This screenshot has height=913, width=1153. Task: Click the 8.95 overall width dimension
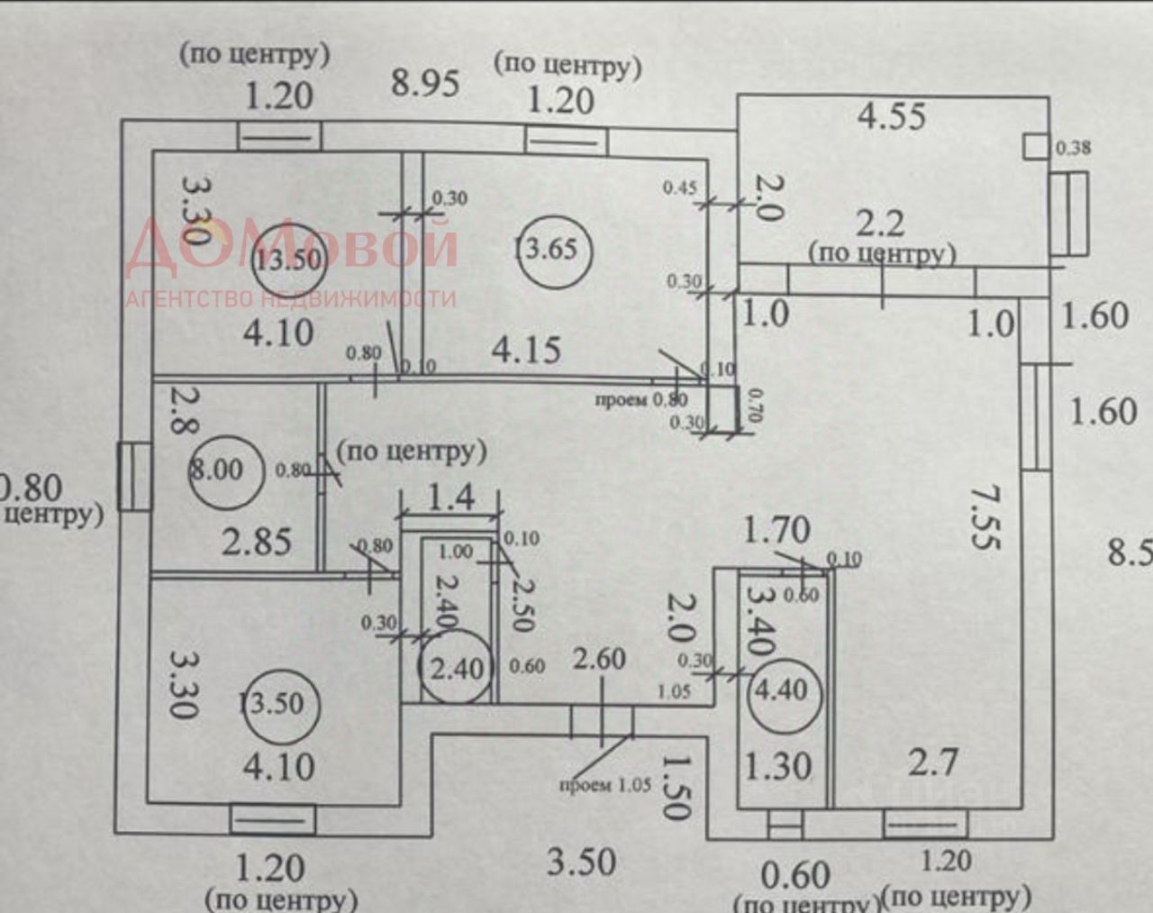[x=425, y=83]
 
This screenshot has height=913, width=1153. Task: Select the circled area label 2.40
[x=457, y=669]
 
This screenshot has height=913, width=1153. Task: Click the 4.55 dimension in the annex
[x=891, y=116]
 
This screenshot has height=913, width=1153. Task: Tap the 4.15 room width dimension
[x=526, y=350]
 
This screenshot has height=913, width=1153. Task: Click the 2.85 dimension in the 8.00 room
[x=257, y=542]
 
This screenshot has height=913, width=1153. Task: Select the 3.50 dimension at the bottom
[x=582, y=863]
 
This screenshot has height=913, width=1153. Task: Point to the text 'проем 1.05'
[x=604, y=785]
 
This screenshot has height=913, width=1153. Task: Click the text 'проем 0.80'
[x=641, y=399]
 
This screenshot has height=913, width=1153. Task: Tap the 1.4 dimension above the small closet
[x=449, y=497]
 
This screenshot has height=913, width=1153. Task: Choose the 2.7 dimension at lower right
[x=932, y=763]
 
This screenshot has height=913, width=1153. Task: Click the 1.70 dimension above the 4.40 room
[x=776, y=530]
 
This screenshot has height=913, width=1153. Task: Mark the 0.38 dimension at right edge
[x=1073, y=148]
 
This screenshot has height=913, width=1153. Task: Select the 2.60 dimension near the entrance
[x=599, y=659]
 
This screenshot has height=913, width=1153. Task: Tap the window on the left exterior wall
[x=134, y=476]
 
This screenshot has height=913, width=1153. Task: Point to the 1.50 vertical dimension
[x=676, y=786]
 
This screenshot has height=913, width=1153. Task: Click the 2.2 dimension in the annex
[x=879, y=224]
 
